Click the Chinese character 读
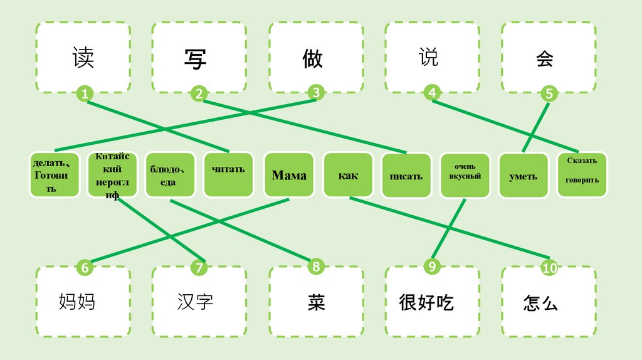tap(83, 59)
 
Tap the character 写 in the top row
tap(196, 59)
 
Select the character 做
tap(312, 59)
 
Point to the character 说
tap(429, 57)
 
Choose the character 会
tap(545, 59)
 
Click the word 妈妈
tap(76, 302)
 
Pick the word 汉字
tap(195, 302)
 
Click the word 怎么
tap(540, 304)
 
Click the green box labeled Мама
tap(289, 175)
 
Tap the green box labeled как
tap(348, 175)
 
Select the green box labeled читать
tap(228, 169)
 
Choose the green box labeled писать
tap(406, 176)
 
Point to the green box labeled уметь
tap(523, 176)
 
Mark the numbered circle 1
tap(85, 95)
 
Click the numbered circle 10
tap(549, 268)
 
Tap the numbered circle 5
tap(549, 95)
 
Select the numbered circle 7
tap(199, 268)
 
